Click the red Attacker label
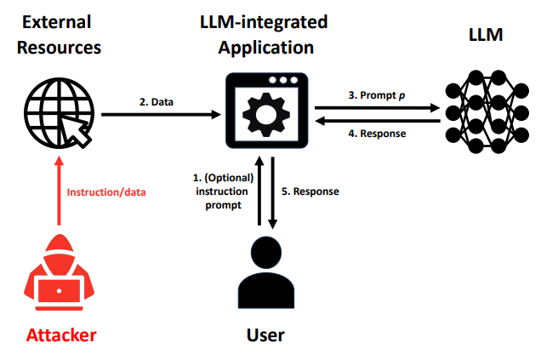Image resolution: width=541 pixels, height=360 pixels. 61,334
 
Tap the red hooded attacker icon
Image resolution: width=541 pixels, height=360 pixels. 59,272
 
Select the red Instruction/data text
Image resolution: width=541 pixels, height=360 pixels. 106,192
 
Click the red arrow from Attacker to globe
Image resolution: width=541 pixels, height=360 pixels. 59,191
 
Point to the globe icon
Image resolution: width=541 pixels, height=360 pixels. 59,113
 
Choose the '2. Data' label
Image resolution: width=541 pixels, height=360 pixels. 157,102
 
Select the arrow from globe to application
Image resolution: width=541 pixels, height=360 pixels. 161,114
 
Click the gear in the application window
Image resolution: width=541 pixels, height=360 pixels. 266,115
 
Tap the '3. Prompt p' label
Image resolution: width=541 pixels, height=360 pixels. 377,95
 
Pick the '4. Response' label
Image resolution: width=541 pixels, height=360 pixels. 377,134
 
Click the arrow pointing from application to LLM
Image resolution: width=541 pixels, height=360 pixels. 378,108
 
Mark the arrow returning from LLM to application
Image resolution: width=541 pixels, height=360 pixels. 378,121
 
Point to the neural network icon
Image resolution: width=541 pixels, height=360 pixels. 487,111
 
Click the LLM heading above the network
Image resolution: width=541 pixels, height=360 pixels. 486,35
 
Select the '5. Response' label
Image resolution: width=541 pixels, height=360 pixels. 310,191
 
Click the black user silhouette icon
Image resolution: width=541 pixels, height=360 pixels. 266,272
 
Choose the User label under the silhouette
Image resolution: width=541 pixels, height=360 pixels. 265,334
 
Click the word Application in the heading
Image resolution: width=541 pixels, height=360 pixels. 266,48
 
